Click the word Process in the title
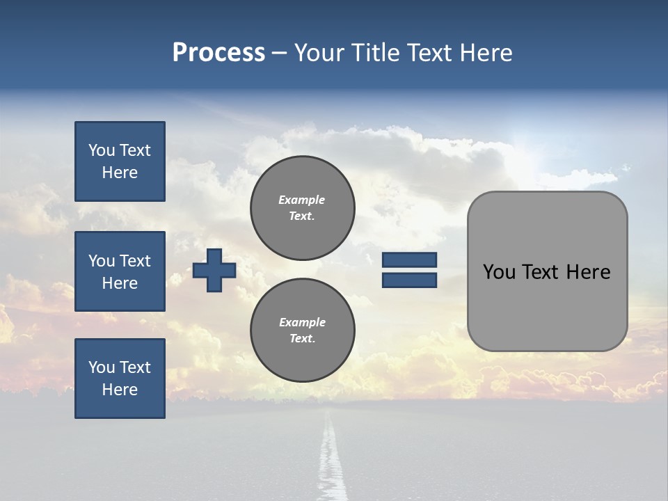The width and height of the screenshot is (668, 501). click(218, 52)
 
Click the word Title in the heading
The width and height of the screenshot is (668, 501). click(374, 53)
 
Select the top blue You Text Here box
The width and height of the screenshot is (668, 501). click(120, 161)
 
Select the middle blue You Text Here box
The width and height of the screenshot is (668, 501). click(120, 271)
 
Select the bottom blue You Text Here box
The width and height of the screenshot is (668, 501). click(120, 379)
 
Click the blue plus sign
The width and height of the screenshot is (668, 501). click(214, 270)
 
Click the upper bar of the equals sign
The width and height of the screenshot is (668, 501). click(409, 260)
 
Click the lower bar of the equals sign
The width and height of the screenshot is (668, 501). click(409, 280)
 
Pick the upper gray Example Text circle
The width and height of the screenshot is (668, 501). click(302, 207)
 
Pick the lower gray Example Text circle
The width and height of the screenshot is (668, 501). click(302, 330)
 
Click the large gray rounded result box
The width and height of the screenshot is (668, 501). click(547, 306)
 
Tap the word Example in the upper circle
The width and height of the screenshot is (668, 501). click(301, 200)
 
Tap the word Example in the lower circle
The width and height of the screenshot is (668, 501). click(302, 322)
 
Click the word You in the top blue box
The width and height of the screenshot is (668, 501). click(102, 150)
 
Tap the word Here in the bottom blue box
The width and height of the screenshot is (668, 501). click(120, 390)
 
